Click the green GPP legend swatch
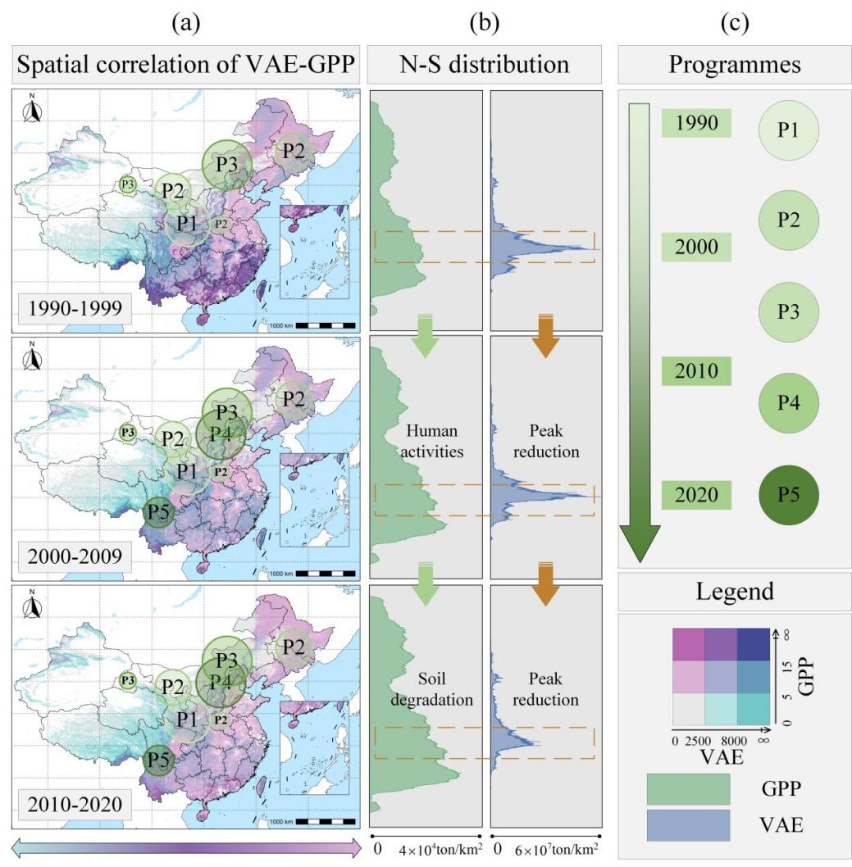[x=688, y=789]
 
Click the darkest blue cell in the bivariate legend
[x=754, y=644]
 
